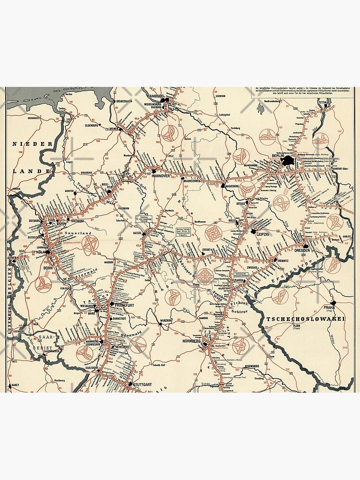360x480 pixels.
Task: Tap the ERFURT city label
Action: click(x=207, y=250)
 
